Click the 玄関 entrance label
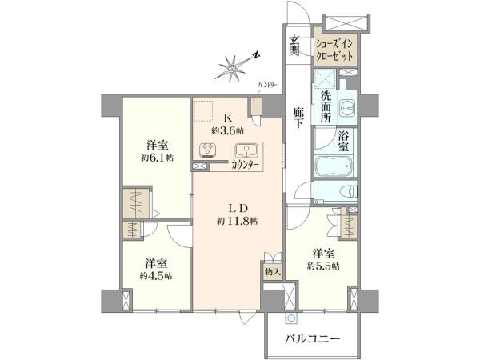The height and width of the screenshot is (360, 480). pos(294,46)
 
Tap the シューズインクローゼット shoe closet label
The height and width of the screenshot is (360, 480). pos(334,50)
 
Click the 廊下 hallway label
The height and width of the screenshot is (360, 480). pos(298,117)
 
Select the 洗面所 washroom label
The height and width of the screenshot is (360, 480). pos(326,107)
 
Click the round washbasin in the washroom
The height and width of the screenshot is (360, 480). pos(347,108)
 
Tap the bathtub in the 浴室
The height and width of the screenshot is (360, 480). pos(334,166)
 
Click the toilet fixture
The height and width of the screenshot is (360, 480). pos(348,192)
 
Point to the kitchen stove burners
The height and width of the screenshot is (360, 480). pos(208,150)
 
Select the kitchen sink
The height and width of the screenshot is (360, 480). pos(246,150)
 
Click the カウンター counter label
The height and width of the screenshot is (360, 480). pos(246,165)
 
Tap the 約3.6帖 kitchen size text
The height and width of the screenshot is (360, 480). pos(228,131)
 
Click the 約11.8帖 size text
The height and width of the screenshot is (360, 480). pos(238,221)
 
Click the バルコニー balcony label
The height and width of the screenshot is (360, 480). pos(313,339)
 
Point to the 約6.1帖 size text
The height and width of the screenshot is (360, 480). pos(158,158)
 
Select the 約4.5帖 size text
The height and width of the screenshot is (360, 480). pos(156,276)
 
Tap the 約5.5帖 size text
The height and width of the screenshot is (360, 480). pos(323,266)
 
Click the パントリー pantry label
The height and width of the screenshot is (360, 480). pos(267,85)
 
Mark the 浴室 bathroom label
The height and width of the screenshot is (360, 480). pos(343,140)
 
